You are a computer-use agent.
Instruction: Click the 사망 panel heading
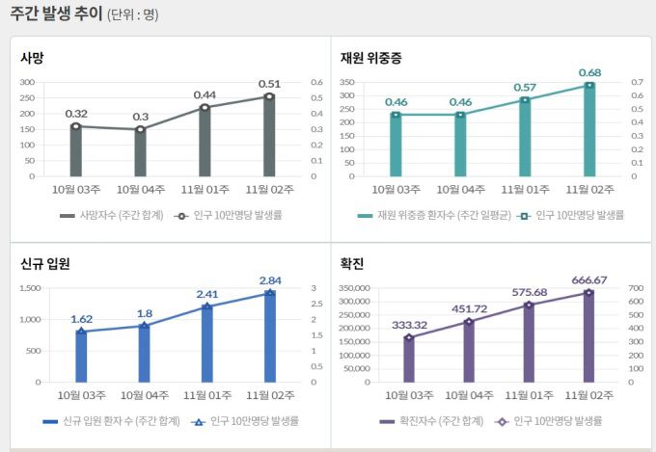click(33, 58)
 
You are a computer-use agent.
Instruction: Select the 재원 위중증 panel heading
click(371, 58)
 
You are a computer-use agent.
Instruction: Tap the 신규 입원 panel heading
click(45, 263)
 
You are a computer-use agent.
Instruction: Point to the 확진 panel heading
click(352, 263)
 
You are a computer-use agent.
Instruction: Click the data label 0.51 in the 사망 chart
click(269, 84)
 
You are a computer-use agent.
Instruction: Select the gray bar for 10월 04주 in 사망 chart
click(140, 153)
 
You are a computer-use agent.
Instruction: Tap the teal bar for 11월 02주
click(588, 131)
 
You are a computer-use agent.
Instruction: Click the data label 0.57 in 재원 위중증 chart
click(525, 87)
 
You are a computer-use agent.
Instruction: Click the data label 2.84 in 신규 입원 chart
click(269, 280)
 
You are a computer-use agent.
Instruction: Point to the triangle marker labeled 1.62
click(81, 332)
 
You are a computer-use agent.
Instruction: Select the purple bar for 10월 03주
click(409, 359)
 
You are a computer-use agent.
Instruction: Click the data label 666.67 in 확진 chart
click(588, 280)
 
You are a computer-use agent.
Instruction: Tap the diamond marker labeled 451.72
click(469, 321)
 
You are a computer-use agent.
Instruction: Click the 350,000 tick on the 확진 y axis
click(363, 288)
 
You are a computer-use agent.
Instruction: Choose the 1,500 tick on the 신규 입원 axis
click(28, 288)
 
